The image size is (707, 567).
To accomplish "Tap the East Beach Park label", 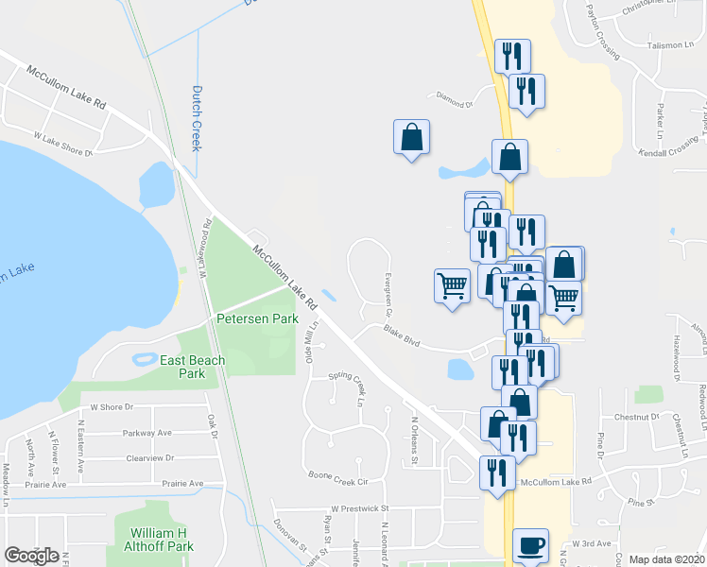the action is (192, 367).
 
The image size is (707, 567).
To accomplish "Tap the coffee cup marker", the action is (530, 545).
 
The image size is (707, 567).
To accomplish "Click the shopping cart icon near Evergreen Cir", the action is (452, 284).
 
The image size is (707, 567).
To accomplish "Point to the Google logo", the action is (31, 556).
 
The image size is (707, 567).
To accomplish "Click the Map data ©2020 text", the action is (667, 559).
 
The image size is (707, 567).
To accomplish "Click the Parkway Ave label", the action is (147, 433).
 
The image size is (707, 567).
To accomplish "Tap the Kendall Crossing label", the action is (667, 152).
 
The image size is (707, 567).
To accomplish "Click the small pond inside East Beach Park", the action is (146, 359).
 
